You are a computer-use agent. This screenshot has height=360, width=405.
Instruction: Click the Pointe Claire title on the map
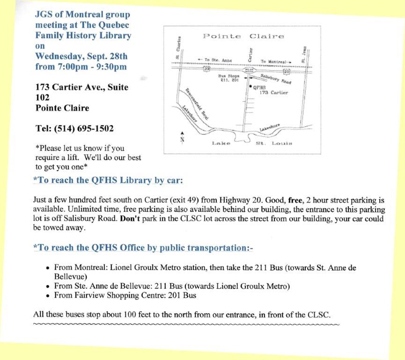point(243,37)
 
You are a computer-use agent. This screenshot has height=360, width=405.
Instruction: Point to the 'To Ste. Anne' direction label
point(214,60)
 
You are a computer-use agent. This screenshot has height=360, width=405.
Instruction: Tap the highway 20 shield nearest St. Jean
point(287,72)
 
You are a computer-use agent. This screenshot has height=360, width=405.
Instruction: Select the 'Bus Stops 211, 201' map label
point(229,78)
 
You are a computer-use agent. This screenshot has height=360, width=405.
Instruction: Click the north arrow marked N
point(182,136)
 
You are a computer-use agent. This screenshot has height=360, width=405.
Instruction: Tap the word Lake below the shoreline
point(221,142)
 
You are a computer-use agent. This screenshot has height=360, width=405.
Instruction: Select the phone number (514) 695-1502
point(74,128)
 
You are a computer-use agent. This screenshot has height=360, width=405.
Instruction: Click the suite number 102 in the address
point(43,97)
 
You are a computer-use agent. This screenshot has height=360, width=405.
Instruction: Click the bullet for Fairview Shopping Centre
point(48,295)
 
